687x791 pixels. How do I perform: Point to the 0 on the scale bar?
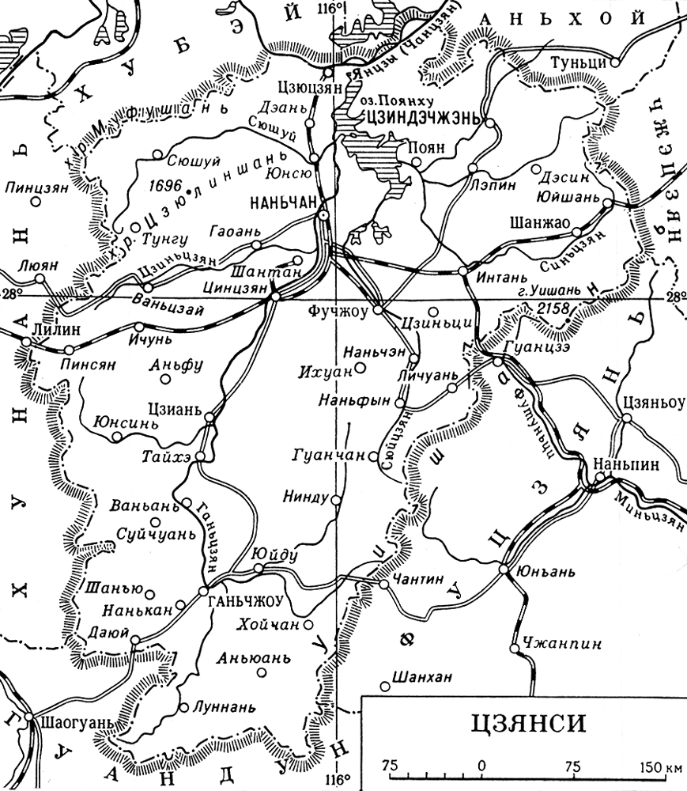pos(481,766)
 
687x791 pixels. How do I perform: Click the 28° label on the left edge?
pos(11,293)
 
